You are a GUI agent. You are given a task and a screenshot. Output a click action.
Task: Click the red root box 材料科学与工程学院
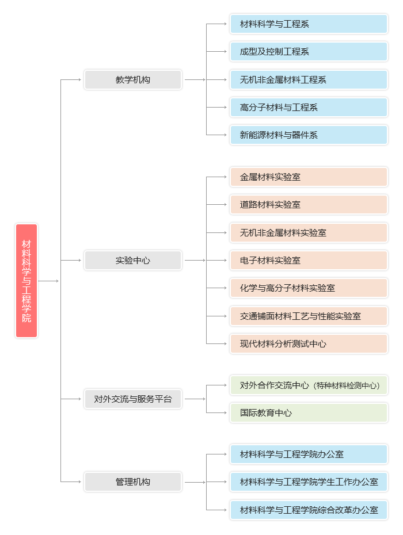coord(26,280)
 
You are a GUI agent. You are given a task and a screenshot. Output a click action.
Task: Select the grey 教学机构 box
coord(133,79)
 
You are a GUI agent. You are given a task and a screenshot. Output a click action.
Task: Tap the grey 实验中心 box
coord(133,260)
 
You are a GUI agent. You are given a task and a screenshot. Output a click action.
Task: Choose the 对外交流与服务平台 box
coord(133,399)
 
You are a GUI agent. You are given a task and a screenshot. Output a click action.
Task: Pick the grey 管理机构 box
coord(133,482)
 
